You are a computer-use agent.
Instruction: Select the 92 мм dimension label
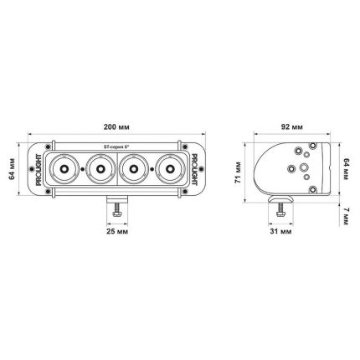(292, 127)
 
